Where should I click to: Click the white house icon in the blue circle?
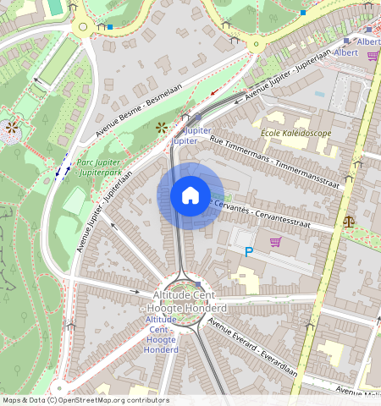[x=190, y=195]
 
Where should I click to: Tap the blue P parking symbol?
[x=249, y=252]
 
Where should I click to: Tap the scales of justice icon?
[x=350, y=222]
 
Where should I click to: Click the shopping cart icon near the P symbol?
[x=275, y=242]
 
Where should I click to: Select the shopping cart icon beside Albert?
[x=373, y=56]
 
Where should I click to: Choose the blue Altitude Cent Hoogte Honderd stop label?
[x=161, y=334]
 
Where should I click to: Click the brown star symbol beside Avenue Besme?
[x=161, y=128]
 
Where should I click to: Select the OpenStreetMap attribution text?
[x=85, y=400]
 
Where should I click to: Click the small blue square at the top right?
[x=303, y=13]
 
